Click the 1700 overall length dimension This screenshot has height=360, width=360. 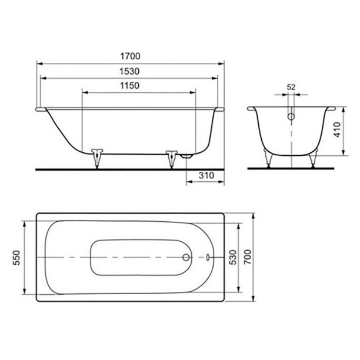130,56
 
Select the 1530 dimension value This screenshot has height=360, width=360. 129,72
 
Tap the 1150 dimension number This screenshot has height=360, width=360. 130,86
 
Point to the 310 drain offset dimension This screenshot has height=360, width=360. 206,176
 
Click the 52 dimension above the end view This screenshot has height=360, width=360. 291,87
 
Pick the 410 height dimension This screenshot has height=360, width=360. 337,130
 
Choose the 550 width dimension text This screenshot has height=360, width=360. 16,258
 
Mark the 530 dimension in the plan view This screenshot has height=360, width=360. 233,258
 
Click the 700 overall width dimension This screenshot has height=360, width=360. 248,257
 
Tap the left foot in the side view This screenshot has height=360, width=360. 97,158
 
